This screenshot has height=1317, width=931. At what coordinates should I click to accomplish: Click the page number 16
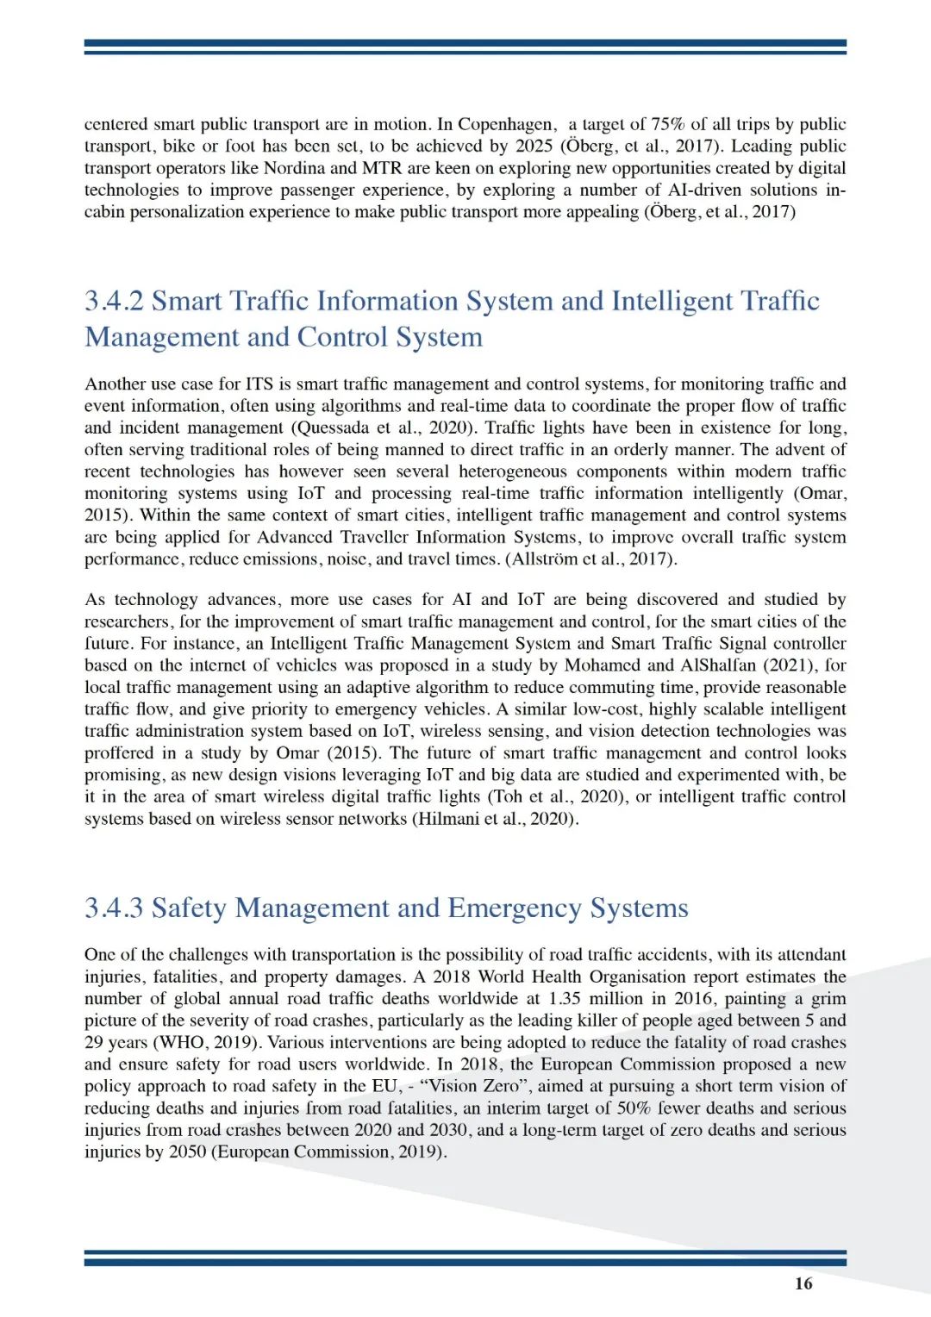coord(803,1283)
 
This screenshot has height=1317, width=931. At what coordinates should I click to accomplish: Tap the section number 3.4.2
coord(114,301)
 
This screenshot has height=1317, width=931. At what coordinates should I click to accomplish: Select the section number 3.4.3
coord(114,908)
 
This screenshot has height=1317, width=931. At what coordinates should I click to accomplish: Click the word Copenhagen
coord(505,124)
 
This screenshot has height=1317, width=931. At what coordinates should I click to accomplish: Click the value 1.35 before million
coord(565,999)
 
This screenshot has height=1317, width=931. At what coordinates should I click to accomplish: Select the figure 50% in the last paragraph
coord(634,1108)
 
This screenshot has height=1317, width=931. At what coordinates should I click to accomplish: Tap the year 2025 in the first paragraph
coord(534,147)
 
